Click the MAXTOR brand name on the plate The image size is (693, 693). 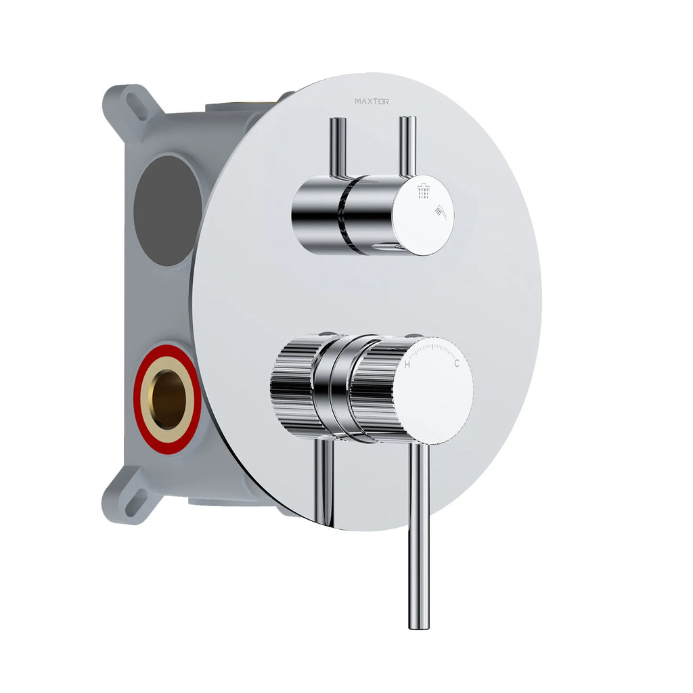point(372,102)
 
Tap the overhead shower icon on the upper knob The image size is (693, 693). point(424,192)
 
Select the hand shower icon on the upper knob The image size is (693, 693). point(441,214)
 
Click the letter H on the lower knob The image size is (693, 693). point(407,364)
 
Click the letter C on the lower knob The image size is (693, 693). point(457,364)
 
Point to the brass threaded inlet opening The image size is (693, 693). point(167,400)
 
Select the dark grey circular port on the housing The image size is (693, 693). point(167,210)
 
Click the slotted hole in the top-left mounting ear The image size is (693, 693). point(137,106)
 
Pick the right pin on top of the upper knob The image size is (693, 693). point(407,146)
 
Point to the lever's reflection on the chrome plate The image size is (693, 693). point(324,480)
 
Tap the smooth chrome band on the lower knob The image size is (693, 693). point(332,386)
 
